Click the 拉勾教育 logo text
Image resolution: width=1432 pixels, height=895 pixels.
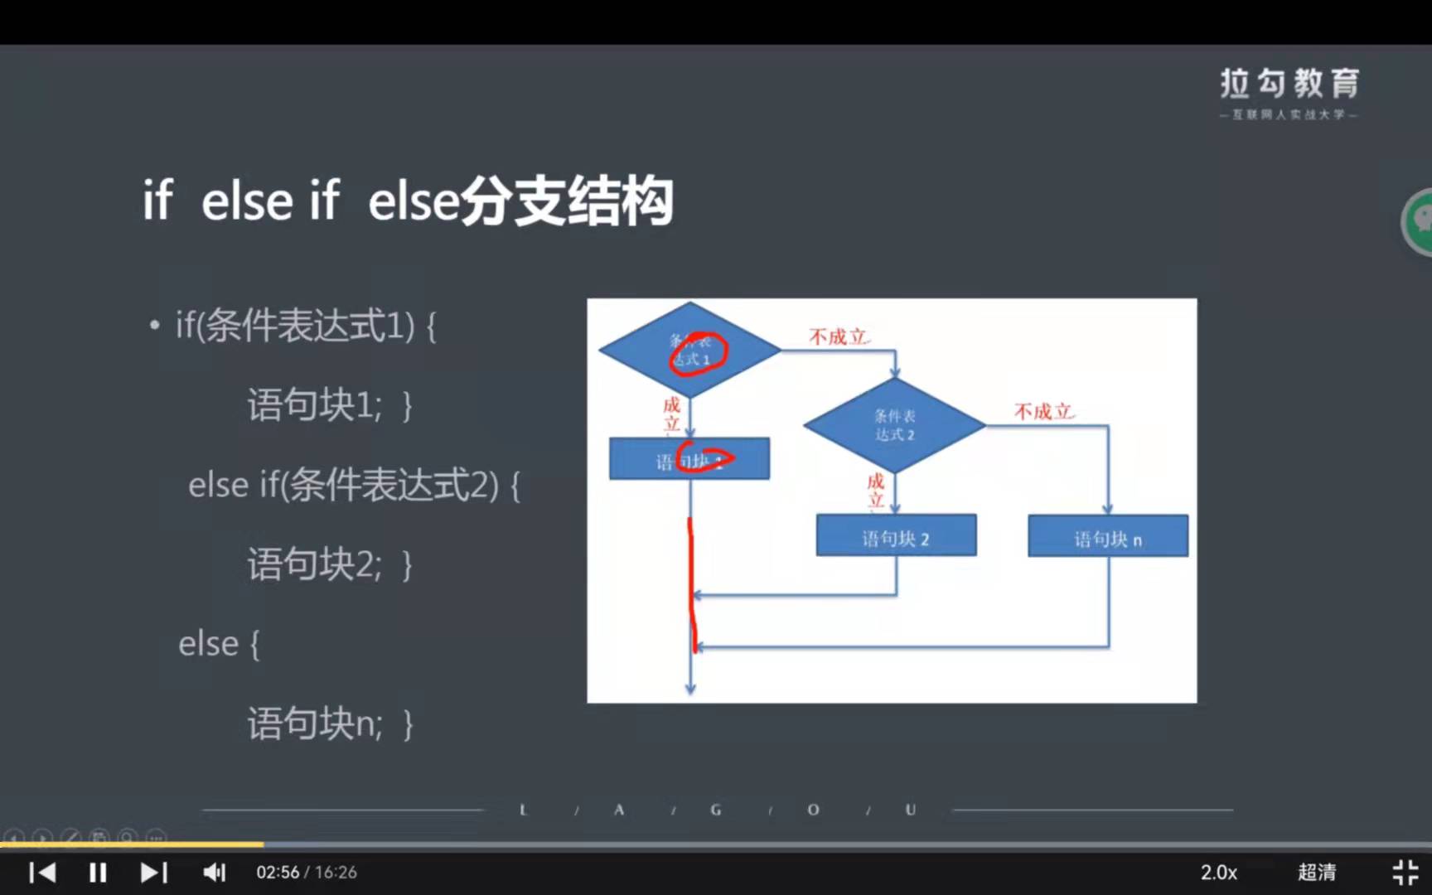tap(1289, 84)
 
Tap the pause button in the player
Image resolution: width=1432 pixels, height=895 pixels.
tap(98, 873)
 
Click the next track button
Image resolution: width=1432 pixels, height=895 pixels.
tap(154, 873)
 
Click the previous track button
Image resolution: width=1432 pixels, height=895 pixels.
tap(42, 873)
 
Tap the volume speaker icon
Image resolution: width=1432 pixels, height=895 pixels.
tap(214, 873)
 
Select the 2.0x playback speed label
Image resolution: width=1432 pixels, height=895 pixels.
tap(1218, 873)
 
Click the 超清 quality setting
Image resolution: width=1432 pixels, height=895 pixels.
tap(1316, 873)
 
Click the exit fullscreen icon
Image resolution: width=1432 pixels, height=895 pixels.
tap(1405, 873)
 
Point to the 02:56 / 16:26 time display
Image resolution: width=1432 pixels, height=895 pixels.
tap(306, 873)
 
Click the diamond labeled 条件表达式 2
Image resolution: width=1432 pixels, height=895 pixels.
tap(895, 425)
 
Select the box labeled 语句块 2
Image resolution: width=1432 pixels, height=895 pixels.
tap(896, 536)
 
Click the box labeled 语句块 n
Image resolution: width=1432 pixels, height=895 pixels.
tap(1108, 536)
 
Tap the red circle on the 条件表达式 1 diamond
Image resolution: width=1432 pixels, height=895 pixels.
tap(699, 355)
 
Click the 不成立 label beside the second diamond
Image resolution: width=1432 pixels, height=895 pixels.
tap(1043, 412)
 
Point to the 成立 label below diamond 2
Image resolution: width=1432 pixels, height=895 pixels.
tap(876, 491)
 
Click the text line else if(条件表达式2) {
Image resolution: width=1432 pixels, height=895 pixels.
tap(354, 486)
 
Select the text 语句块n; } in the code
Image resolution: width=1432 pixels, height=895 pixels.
tap(330, 723)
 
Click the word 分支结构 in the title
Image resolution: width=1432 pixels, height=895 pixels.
tap(567, 201)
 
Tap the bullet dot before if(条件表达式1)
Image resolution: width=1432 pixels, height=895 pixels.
tap(155, 326)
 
